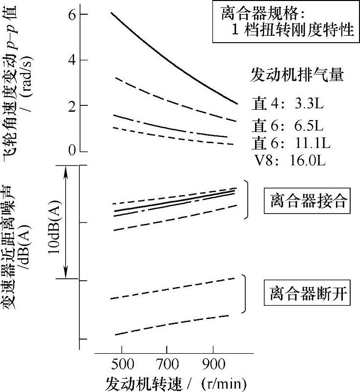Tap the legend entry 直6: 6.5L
tap(286, 124)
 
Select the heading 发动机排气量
tap(297, 75)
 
